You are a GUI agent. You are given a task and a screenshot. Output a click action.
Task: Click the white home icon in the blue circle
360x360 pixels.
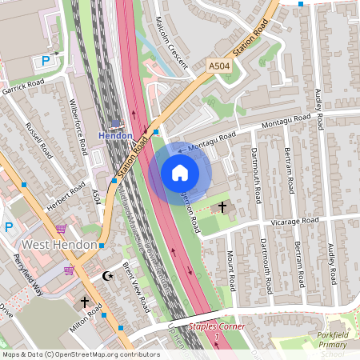(180, 172)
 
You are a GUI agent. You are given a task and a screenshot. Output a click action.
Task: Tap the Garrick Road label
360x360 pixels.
(23, 84)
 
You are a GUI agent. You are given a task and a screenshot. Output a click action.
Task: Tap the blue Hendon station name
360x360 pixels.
(116, 136)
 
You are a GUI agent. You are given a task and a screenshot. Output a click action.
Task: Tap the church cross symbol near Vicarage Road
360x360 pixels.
(222, 206)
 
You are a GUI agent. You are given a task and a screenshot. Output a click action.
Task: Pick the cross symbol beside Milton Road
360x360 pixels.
(85, 303)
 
